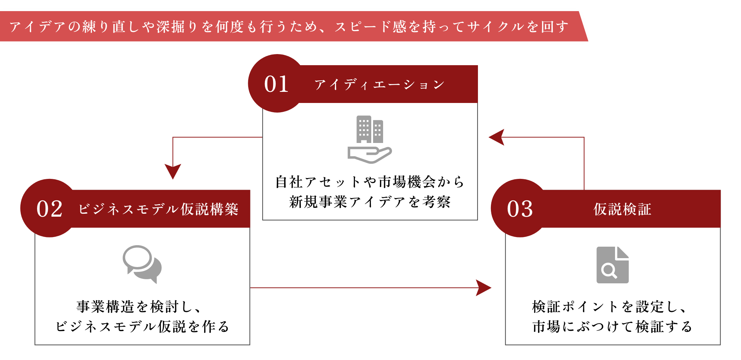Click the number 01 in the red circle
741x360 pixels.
pyautogui.click(x=276, y=84)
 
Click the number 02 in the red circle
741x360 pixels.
pyautogui.click(x=49, y=209)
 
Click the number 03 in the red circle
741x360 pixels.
pyautogui.click(x=520, y=209)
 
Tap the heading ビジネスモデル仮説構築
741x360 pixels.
pyautogui.click(x=158, y=209)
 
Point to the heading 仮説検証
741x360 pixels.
pyautogui.click(x=622, y=209)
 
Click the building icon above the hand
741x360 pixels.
pyautogui.click(x=369, y=129)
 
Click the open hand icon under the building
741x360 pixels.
pyautogui.click(x=369, y=154)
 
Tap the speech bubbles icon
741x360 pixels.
pyautogui.click(x=142, y=264)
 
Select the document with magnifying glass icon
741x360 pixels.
pyautogui.click(x=612, y=265)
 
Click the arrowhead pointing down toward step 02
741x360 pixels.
pyautogui.click(x=173, y=171)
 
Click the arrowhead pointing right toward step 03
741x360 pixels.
pyautogui.click(x=484, y=288)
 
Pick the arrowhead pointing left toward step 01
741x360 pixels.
pyautogui.click(x=497, y=137)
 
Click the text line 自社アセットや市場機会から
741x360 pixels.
pyautogui.click(x=369, y=182)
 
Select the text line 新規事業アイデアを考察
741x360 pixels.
pyautogui.click(x=369, y=202)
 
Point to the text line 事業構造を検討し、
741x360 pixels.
pyautogui.click(x=139, y=307)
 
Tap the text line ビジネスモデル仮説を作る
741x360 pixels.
pyautogui.click(x=142, y=327)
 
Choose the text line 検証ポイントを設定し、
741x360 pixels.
pyautogui.click(x=609, y=307)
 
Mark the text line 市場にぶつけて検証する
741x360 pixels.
pyautogui.click(x=612, y=327)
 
